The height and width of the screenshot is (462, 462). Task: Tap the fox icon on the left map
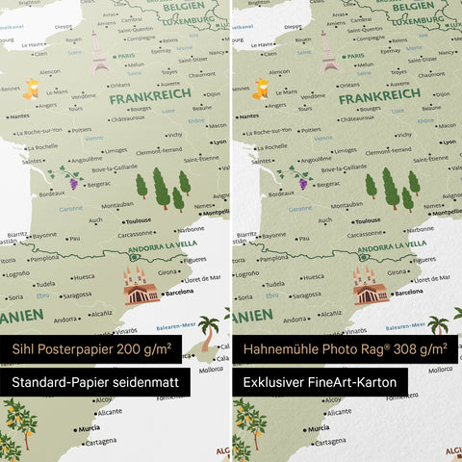click(x=33, y=89)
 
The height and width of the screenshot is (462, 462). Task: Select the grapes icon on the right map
click(x=300, y=180)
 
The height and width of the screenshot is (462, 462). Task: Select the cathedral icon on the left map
click(x=141, y=286)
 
